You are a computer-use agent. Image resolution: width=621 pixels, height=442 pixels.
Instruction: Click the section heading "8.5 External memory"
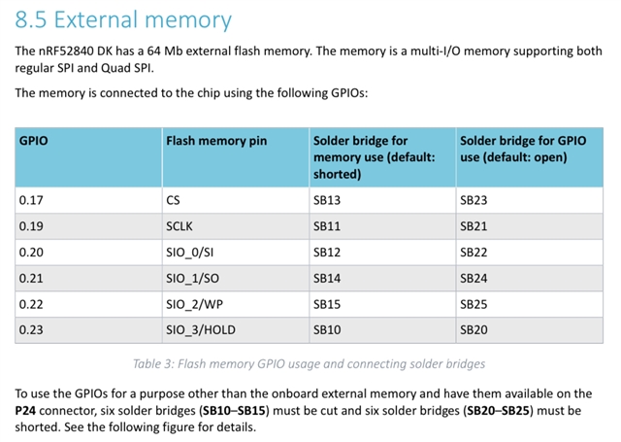click(123, 19)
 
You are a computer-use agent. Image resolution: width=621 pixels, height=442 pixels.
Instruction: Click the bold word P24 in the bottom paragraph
click(25, 410)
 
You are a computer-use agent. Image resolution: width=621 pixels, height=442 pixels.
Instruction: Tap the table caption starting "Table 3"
click(309, 364)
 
